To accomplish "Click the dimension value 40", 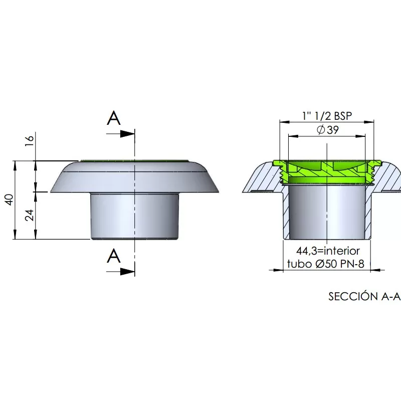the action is pyautogui.click(x=10, y=199).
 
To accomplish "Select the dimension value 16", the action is pyautogui.click(x=30, y=141).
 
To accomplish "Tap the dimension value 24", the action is pyautogui.click(x=30, y=215).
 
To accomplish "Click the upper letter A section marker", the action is pyautogui.click(x=114, y=118).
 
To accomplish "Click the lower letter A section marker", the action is pyautogui.click(x=114, y=256).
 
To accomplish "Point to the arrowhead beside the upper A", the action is pyautogui.click(x=127, y=134).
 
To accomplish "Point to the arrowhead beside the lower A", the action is pyautogui.click(x=127, y=272).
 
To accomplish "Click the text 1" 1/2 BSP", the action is pyautogui.click(x=327, y=116).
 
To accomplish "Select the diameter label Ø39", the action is pyautogui.click(x=328, y=130).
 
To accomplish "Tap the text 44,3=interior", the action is pyautogui.click(x=328, y=251).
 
